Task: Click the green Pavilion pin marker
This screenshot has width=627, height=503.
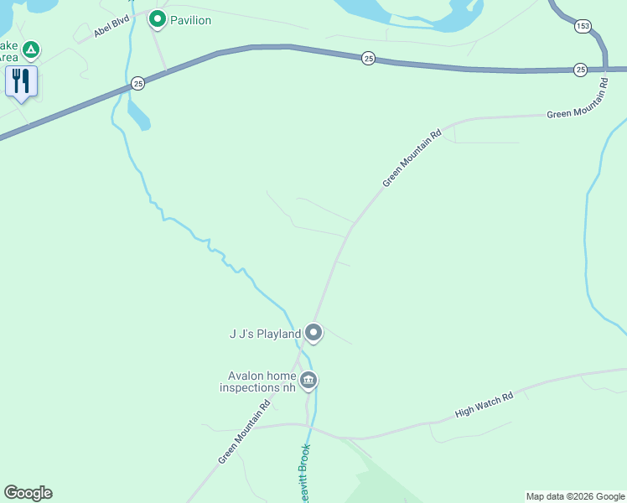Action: pyautogui.click(x=157, y=18)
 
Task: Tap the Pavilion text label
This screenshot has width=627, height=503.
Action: pyautogui.click(x=190, y=19)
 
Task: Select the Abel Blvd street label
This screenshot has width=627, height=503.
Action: pyautogui.click(x=112, y=27)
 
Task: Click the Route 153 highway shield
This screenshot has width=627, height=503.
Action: pyautogui.click(x=583, y=27)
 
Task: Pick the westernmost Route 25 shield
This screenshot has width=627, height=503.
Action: pyautogui.click(x=138, y=83)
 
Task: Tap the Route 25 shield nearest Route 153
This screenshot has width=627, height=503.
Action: pyautogui.click(x=580, y=69)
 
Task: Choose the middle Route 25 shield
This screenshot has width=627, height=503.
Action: pyautogui.click(x=368, y=58)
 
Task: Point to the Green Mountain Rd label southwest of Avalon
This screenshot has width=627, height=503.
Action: pyautogui.click(x=244, y=431)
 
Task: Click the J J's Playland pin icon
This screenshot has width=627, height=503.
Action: pyautogui.click(x=313, y=333)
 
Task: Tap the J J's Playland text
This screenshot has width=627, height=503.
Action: pyautogui.click(x=265, y=334)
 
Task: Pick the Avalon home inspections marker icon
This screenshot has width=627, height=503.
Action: pyautogui.click(x=308, y=381)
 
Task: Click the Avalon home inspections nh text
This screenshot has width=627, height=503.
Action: pyautogui.click(x=257, y=381)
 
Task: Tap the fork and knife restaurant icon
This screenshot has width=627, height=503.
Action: pyautogui.click(x=21, y=81)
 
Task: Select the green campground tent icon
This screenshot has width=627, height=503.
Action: pyautogui.click(x=31, y=50)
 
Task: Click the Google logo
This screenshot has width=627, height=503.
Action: pyautogui.click(x=28, y=493)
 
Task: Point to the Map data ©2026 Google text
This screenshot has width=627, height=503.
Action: pyautogui.click(x=575, y=496)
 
